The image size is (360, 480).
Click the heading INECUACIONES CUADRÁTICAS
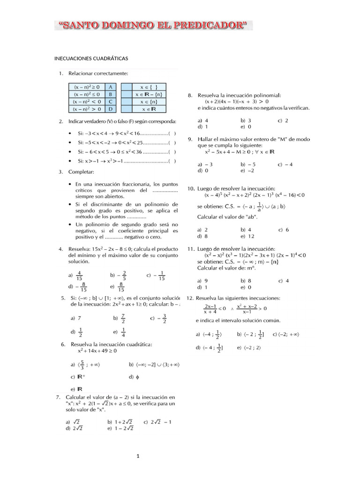91,58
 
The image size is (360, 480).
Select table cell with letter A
111,87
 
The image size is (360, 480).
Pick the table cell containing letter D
111,109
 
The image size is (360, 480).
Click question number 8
190,95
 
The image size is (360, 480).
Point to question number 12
190,298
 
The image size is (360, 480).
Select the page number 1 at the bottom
138,455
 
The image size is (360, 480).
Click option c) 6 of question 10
284,230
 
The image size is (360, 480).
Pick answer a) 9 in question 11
202,280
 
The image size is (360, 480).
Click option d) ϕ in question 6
134,376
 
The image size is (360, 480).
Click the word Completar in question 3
82,172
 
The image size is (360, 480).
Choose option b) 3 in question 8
246,120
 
